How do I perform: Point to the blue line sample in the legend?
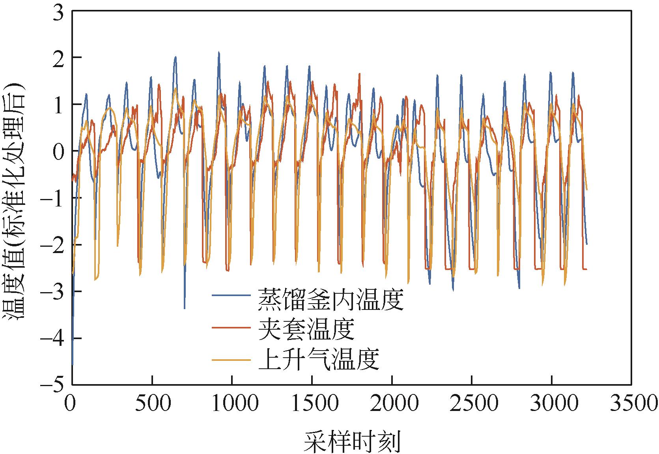click(x=231, y=295)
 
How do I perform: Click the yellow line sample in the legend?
click(x=231, y=360)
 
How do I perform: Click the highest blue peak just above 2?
click(x=218, y=52)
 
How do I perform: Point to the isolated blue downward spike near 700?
click(x=184, y=307)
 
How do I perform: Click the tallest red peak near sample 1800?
click(x=359, y=74)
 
